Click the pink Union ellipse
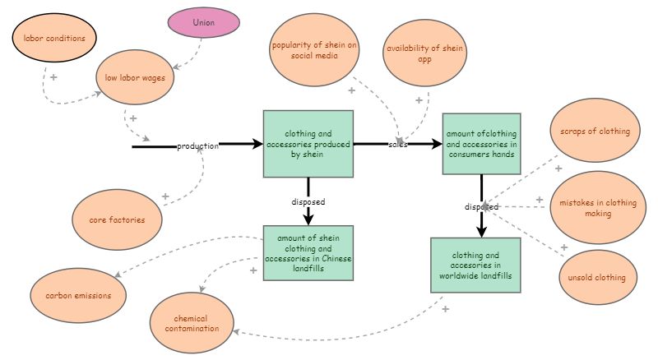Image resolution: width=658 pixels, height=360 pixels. click(203, 22)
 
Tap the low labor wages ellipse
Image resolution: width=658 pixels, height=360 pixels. click(136, 79)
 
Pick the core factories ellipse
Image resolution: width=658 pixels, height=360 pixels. click(118, 219)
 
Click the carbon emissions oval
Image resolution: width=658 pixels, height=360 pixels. click(74, 294)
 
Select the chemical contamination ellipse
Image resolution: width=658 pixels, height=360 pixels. click(191, 323)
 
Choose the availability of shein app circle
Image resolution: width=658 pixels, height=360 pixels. click(426, 53)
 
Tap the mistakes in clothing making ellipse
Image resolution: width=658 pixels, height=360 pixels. click(597, 208)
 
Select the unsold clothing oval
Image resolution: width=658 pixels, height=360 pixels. click(596, 278)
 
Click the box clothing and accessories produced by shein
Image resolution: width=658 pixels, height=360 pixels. click(308, 144)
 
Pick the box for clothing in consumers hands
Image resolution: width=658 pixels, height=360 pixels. click(481, 144)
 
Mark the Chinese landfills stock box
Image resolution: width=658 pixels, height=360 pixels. click(308, 253)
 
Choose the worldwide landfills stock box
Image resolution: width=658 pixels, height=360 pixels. click(475, 265)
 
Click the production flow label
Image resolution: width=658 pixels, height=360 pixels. click(197, 146)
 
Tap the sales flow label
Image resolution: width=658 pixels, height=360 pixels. click(398, 145)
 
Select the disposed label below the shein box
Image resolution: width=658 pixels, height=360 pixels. click(308, 201)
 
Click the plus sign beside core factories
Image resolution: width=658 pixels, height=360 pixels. click(165, 197)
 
